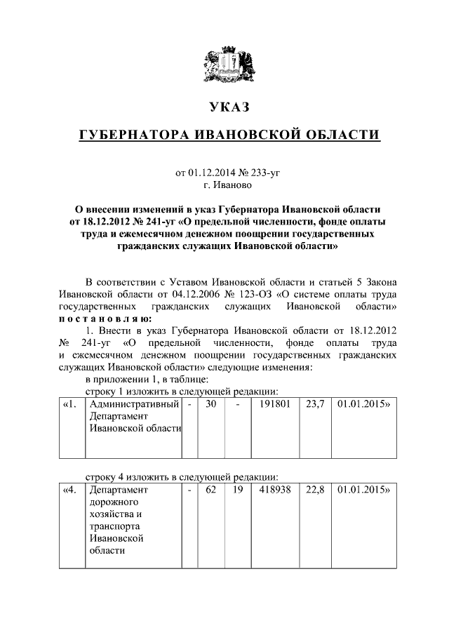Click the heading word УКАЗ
click(x=224, y=107)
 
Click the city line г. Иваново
click(x=225, y=186)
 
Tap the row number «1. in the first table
click(x=71, y=405)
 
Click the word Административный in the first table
click(x=133, y=405)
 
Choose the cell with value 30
click(x=210, y=405)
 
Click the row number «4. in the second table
click(x=71, y=490)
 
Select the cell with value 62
click(x=210, y=490)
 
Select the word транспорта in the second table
click(x=114, y=526)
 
